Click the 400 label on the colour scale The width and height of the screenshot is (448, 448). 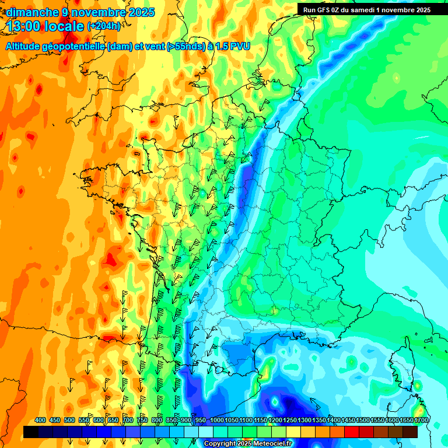pos(40,421)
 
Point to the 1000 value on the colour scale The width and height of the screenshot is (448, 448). pos(217,421)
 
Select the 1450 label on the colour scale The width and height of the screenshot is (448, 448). pos(348,421)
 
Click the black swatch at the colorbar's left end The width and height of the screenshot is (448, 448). pos(31,432)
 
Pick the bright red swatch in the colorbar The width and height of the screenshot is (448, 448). pos(352,432)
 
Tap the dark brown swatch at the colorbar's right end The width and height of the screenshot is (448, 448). pos(410,432)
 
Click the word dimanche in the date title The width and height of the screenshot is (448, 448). pos(30,12)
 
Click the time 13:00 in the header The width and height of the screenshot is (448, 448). pos(25,26)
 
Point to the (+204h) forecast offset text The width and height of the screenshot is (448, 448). pos(103,26)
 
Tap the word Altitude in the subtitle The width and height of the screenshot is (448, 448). pos(26,46)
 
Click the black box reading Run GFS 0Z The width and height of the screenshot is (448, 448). pos(367,9)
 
